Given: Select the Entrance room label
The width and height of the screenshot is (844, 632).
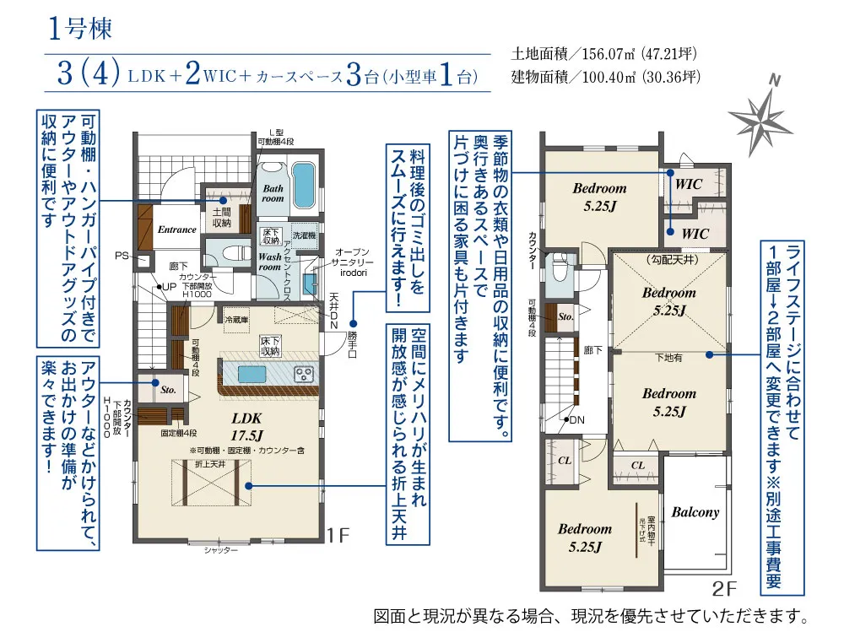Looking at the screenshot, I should tap(176, 230).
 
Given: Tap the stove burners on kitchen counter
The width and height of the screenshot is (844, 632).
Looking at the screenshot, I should tap(303, 373).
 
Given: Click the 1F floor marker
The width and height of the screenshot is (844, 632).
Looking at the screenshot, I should tap(338, 534).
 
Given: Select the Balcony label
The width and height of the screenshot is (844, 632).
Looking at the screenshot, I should tap(695, 512).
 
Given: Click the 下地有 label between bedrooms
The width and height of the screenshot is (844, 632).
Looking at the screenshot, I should tap(668, 358).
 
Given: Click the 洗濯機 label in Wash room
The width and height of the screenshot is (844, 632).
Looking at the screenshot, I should tap(303, 235).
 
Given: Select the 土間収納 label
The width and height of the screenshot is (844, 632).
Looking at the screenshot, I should tap(222, 217).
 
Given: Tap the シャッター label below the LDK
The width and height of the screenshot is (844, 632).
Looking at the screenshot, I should tap(220, 550).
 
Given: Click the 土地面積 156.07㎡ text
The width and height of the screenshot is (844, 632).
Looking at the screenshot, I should tap(604, 54).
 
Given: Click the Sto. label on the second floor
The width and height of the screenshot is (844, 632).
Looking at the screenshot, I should tap(565, 317).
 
